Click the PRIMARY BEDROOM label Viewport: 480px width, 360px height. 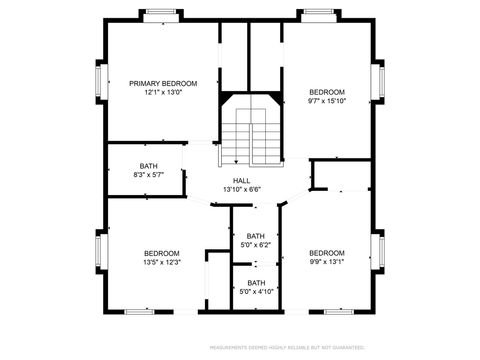coord(163,83)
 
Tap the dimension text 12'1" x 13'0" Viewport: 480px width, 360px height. coord(163,93)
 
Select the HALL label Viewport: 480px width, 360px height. coord(242,180)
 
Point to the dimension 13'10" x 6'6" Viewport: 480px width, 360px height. coord(242,189)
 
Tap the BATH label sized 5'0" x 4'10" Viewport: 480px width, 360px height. coord(257,283)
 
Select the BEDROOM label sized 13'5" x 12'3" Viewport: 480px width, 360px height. coord(161,253)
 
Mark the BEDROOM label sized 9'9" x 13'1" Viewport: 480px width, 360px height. coord(326,253)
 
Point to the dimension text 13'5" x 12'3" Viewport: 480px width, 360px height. coord(161,263)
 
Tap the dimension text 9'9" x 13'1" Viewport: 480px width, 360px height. coord(326,263)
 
